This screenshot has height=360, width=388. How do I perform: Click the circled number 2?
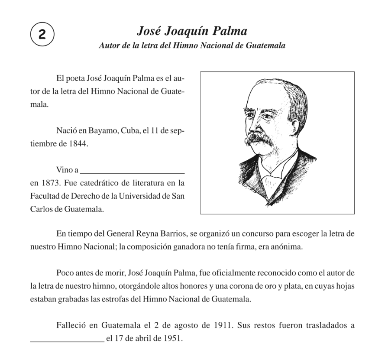coord(42,34)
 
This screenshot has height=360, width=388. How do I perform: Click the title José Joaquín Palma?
coord(192,31)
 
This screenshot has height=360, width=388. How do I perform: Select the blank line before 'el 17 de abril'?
coord(67,340)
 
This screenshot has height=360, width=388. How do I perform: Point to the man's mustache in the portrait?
coord(260,138)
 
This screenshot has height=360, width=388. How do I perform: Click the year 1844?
coord(78,145)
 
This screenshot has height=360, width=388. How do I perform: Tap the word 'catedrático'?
coord(91,183)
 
